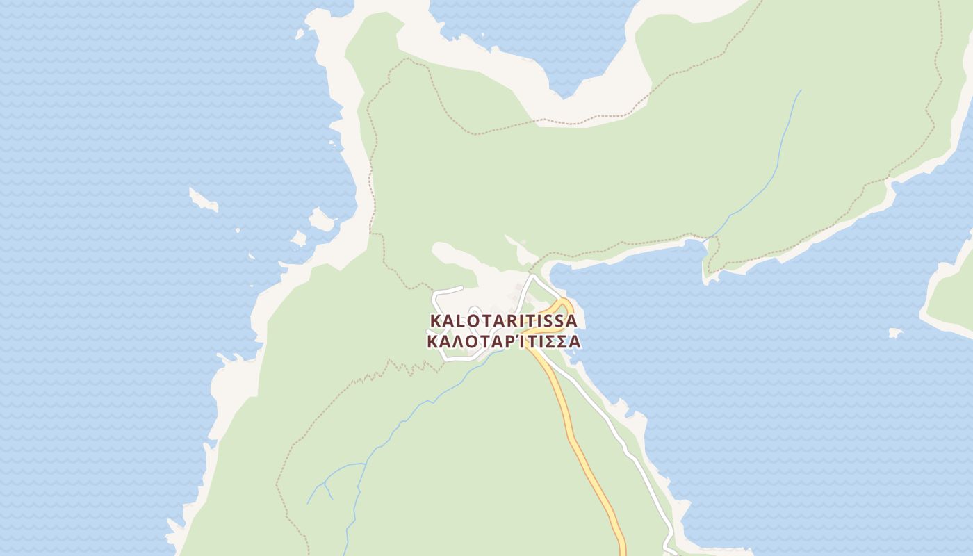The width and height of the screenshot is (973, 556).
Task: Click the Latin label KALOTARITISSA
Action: tap(504, 321)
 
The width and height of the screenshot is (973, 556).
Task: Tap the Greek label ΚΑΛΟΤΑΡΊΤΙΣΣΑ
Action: tap(504, 342)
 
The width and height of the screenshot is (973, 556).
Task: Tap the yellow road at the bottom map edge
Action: tap(622, 550)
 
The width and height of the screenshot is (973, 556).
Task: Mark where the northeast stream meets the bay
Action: tap(707, 240)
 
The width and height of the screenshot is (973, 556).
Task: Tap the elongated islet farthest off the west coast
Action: tap(203, 200)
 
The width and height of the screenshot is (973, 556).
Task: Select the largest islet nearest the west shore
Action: tap(322, 220)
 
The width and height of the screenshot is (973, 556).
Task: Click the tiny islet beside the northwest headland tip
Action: tap(300, 33)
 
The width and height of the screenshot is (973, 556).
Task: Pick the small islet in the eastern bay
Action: tap(895, 333)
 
